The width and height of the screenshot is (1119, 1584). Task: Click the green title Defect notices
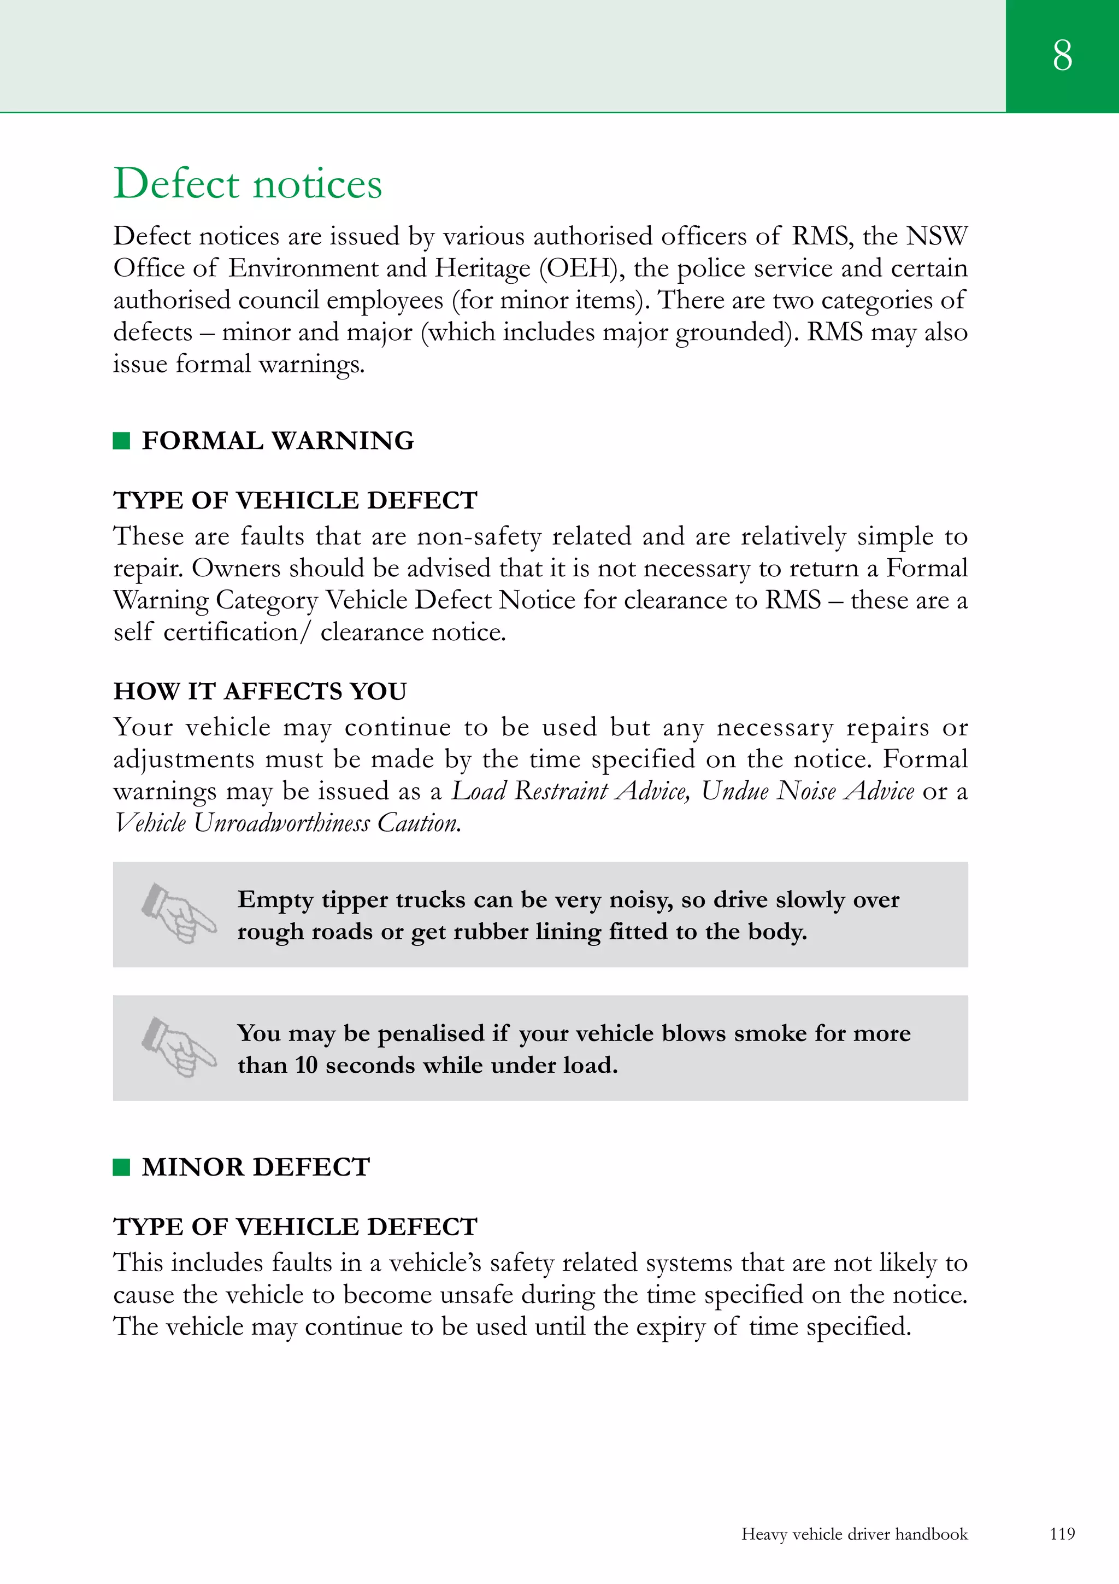[x=248, y=184]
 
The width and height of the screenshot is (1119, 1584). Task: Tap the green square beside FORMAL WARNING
[x=121, y=440]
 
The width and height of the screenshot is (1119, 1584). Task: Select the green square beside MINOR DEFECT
[x=121, y=1167]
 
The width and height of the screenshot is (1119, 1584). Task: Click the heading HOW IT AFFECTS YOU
[x=260, y=691]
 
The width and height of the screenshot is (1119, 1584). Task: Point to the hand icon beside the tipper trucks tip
[x=179, y=914]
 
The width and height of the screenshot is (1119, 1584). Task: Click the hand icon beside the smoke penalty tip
[x=179, y=1047]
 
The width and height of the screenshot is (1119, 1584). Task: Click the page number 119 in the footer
[x=1062, y=1534]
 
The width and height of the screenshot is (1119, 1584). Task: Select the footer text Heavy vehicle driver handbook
[x=854, y=1534]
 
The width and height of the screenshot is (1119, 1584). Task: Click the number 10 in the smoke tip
[x=306, y=1065]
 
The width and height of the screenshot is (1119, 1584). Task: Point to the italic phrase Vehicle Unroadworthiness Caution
[x=287, y=822]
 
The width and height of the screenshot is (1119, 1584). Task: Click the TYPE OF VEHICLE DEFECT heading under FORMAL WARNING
[x=295, y=500]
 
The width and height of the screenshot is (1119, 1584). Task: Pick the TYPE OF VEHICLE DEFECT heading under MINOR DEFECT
[x=295, y=1226]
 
